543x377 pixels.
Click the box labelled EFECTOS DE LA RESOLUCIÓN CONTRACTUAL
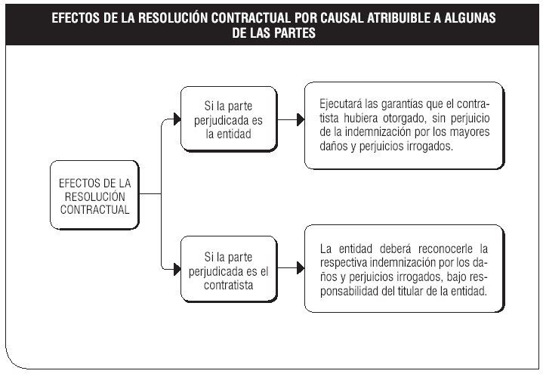tap(94, 195)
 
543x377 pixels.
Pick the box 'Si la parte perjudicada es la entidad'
tap(229, 119)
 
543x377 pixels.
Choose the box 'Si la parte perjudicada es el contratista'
tap(229, 269)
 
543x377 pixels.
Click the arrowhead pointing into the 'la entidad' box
tap(177, 119)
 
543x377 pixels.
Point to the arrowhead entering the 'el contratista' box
tap(177, 269)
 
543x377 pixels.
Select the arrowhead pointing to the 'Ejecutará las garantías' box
tap(301, 120)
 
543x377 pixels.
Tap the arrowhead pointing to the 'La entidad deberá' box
tap(301, 268)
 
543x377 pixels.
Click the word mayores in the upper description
tap(470, 132)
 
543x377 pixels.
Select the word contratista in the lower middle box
tap(229, 285)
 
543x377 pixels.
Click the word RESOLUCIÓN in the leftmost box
tap(95, 196)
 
